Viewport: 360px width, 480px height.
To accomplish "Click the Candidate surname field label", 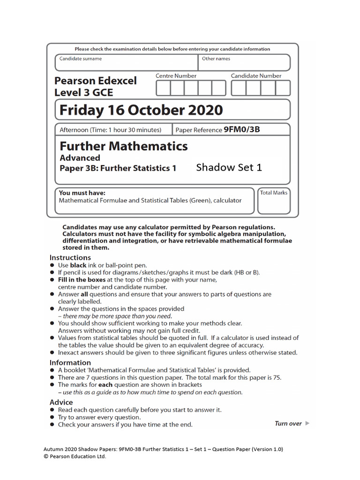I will pyautogui.click(x=81, y=59).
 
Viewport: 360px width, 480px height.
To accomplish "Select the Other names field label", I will pyautogui.click(x=216, y=59).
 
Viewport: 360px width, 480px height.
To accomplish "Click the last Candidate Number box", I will pyautogui.click(x=283, y=88).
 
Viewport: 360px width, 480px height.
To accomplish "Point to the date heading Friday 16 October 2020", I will pyautogui.click(x=141, y=111).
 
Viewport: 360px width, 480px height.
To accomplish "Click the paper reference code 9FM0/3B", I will pyautogui.click(x=241, y=129).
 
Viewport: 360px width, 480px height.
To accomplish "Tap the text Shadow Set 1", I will pyautogui.click(x=229, y=167).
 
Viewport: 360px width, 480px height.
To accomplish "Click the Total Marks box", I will pyautogui.click(x=274, y=201).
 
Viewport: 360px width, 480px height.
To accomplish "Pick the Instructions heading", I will pyautogui.click(x=70, y=257).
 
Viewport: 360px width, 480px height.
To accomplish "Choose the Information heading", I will pyautogui.click(x=70, y=362).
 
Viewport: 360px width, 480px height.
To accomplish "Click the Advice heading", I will pyautogui.click(x=61, y=402).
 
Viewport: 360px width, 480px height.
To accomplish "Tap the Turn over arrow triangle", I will pyautogui.click(x=307, y=423).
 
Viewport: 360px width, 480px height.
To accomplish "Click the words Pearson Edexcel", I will pyautogui.click(x=96, y=81).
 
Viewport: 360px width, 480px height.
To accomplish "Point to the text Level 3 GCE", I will pyautogui.click(x=83, y=92).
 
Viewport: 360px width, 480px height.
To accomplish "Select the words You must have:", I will pyautogui.click(x=82, y=193).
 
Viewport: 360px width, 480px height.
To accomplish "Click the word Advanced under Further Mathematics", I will pyautogui.click(x=80, y=158).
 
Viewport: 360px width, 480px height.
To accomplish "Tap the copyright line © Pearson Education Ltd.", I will pyautogui.click(x=75, y=456).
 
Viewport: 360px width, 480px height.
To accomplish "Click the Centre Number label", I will pyautogui.click(x=176, y=76).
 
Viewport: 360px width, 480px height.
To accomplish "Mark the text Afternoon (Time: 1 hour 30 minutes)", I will pyautogui.click(x=111, y=130).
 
